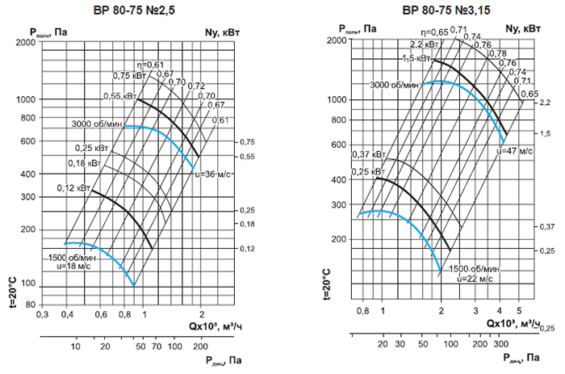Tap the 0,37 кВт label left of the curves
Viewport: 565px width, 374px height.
(x=368, y=154)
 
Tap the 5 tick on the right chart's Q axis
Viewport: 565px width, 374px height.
(x=520, y=310)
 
